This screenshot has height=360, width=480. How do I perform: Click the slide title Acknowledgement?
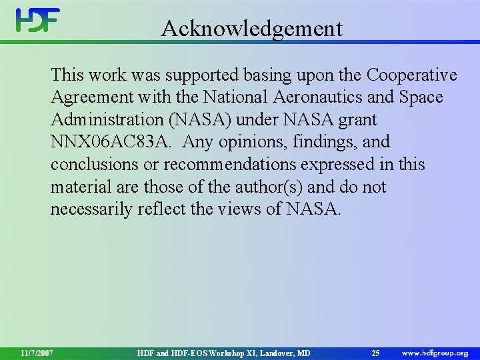(251, 29)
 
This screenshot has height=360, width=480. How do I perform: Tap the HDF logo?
(38, 20)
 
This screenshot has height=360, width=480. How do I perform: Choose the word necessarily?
(91, 210)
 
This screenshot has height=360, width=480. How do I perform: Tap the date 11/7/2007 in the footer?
(37, 352)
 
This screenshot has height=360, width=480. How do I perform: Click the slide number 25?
(375, 352)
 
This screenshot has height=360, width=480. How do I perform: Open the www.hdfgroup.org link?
(435, 352)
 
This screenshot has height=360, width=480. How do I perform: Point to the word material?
(82, 187)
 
